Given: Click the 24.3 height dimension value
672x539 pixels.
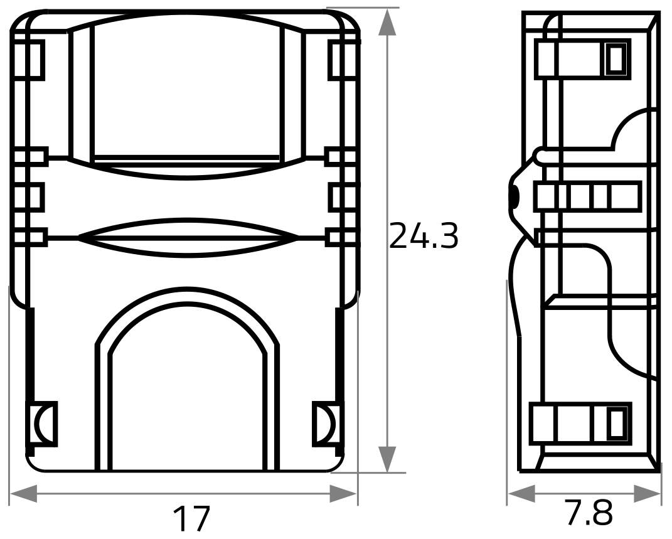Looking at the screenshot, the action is tap(424, 235).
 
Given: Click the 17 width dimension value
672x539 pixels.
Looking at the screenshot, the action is tap(191, 518).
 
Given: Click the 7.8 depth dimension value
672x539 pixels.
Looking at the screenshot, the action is tap(589, 512).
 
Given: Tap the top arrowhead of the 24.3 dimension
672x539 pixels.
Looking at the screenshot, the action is tap(387, 22).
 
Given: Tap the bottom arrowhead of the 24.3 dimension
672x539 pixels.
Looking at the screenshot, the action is tap(387, 459).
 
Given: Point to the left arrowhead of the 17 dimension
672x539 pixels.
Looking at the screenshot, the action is tap(23, 494).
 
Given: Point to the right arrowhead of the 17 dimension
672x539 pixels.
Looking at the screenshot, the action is tap(343, 494).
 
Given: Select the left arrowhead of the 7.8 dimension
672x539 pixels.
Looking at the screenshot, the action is tap(521, 494).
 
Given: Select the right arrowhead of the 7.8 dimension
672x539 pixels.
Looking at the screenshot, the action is tap(647, 494).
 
